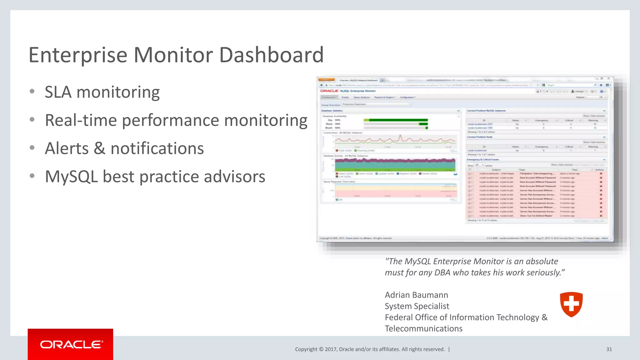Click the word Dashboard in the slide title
click(271, 55)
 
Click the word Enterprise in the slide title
click(78, 55)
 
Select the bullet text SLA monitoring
click(102, 92)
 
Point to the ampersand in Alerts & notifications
click(99, 148)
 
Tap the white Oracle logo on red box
click(71, 344)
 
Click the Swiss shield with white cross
click(571, 304)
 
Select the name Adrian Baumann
click(416, 295)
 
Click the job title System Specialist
click(417, 306)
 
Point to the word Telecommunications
click(423, 329)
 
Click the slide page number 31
click(609, 349)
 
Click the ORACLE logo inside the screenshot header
click(329, 91)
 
